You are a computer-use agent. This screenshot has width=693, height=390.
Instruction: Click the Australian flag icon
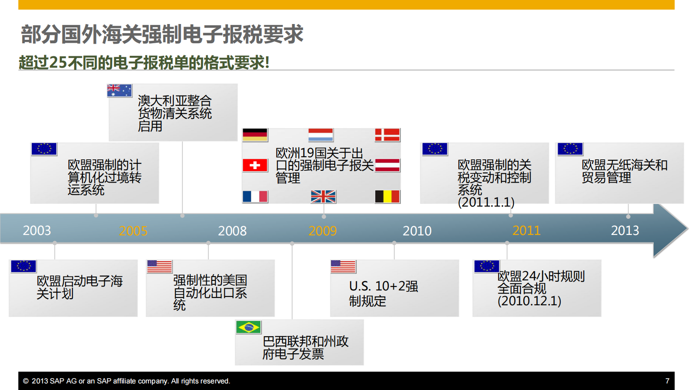(119, 90)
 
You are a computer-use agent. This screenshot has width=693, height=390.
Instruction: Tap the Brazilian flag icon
(248, 327)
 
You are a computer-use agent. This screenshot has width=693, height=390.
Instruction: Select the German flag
(255, 135)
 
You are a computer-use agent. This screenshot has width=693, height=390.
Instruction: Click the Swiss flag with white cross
(255, 166)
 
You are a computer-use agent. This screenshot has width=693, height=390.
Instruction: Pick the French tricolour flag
(255, 197)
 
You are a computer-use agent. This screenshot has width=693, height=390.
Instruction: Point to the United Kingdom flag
(323, 197)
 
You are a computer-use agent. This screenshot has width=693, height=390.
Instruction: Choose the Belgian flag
(387, 197)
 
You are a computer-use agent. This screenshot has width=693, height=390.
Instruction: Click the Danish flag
(387, 135)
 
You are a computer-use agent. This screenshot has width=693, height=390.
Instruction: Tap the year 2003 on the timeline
(37, 230)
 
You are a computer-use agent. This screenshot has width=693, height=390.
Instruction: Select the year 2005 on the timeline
(133, 231)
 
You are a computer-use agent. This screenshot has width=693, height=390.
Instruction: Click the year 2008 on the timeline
(232, 231)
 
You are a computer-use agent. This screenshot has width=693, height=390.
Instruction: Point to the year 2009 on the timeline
(323, 231)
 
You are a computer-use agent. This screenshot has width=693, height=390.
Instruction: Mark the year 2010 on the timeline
(417, 231)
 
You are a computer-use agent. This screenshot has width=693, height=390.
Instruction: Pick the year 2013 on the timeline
(625, 230)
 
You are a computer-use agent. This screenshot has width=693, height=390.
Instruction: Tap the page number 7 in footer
(667, 381)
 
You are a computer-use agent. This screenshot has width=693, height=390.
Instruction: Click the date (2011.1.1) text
(486, 202)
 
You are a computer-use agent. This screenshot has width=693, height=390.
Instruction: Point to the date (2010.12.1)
(529, 301)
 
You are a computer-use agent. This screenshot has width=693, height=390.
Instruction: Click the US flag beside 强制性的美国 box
(159, 266)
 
